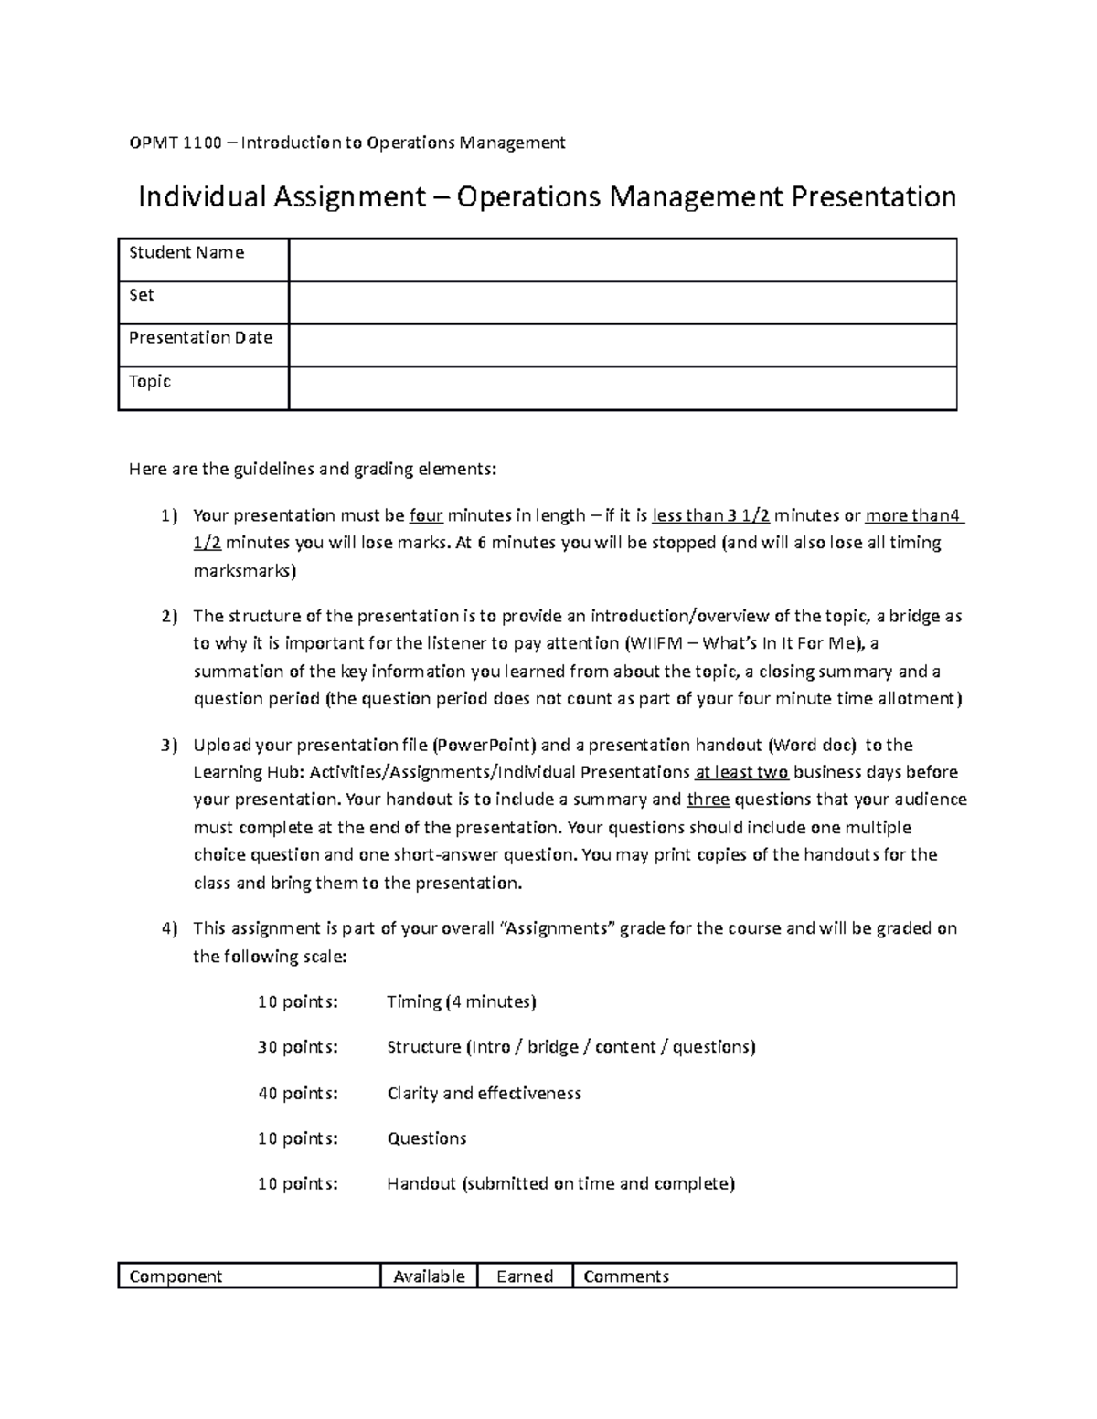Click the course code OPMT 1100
tap(175, 143)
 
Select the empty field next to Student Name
tap(622, 259)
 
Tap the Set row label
tap(142, 295)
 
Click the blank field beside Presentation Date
tap(622, 345)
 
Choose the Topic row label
tap(150, 381)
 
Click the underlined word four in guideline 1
tap(426, 515)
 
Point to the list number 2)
tap(169, 617)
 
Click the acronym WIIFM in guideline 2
tap(655, 643)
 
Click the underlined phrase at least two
tap(741, 772)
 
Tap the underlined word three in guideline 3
tap(708, 800)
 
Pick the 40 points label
tap(297, 1093)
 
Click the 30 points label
tap(297, 1047)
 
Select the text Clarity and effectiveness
tap(484, 1093)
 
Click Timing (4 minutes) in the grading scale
tap(461, 1001)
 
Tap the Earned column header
tap(525, 1276)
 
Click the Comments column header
tap(626, 1276)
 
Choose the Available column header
tap(429, 1276)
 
